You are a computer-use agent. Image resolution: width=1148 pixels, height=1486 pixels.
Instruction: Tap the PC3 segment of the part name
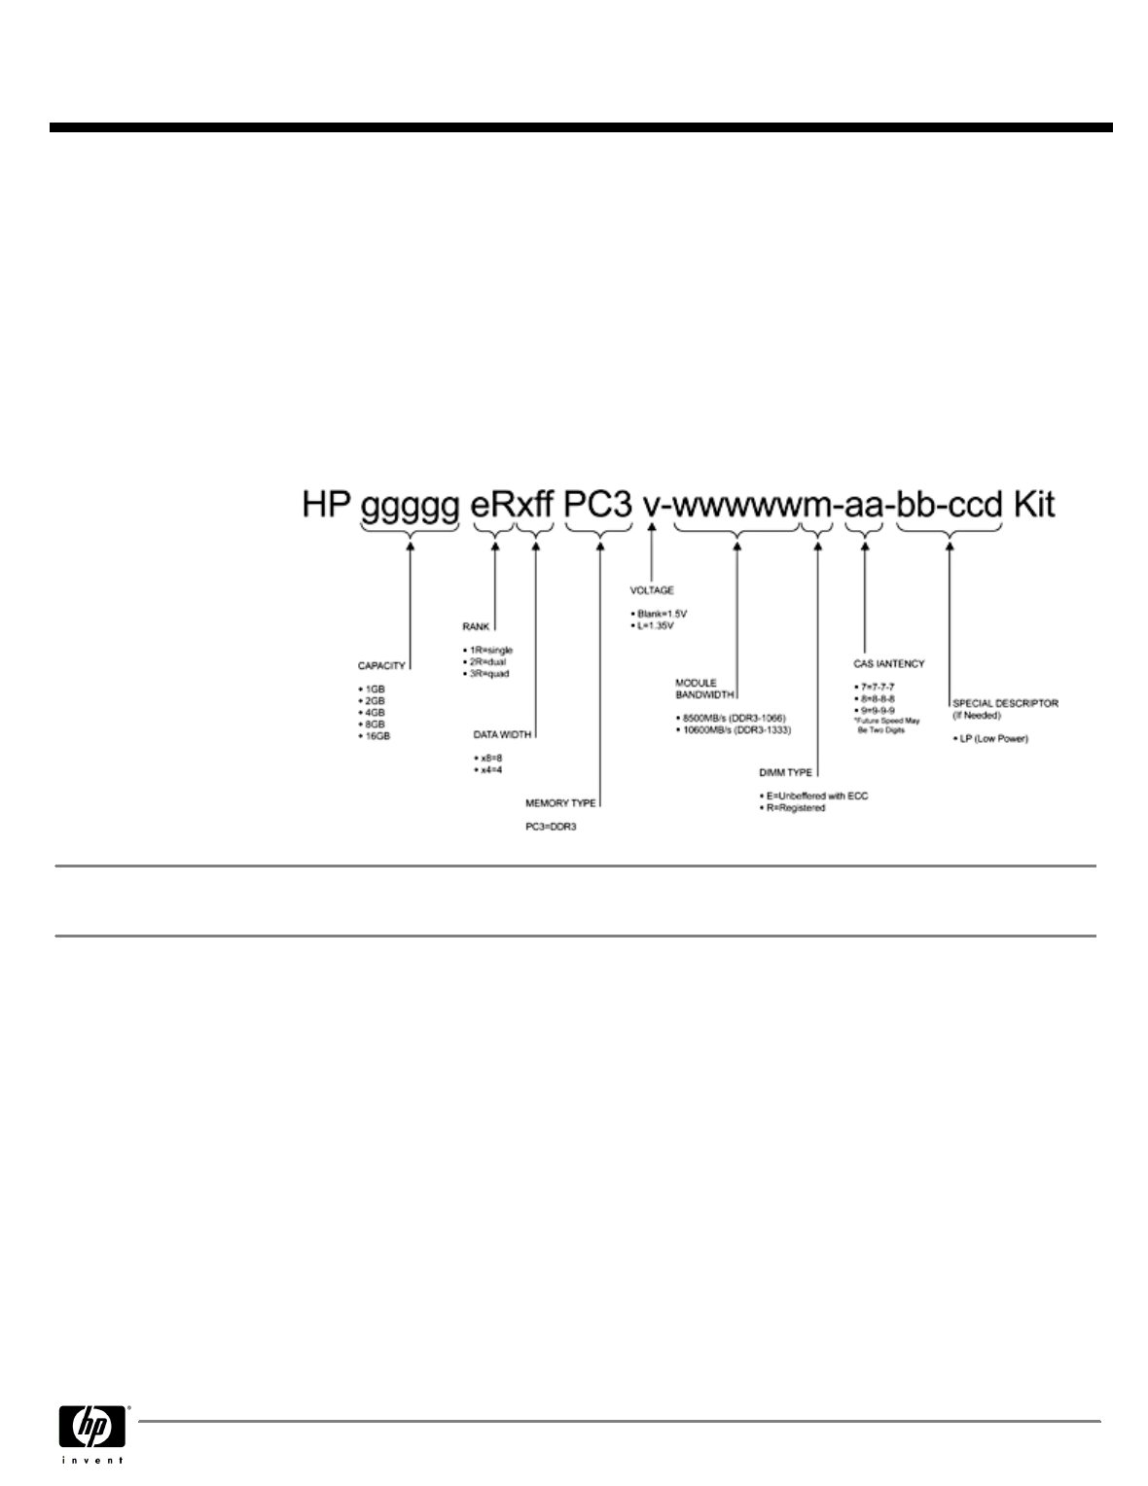[x=598, y=506]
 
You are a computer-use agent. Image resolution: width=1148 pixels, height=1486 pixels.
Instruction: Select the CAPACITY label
[x=381, y=666]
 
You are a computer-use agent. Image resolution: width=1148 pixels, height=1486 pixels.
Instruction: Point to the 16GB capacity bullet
[x=377, y=736]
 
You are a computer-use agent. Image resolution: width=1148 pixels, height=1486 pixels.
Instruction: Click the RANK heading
[x=476, y=627]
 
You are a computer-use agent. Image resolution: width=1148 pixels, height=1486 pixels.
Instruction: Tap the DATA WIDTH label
[x=502, y=734]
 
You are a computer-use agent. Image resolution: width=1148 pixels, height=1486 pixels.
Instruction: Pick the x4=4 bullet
[x=486, y=770]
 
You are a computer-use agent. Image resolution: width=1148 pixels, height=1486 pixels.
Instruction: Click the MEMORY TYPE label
[x=560, y=803]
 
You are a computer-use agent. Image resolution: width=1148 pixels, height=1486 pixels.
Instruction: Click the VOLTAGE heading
[x=651, y=590]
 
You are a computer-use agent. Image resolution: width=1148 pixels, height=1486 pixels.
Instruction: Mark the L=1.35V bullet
[x=655, y=625]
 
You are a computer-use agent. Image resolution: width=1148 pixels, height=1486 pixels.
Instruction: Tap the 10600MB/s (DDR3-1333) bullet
[x=735, y=729]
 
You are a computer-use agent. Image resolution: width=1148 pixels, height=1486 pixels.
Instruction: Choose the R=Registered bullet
[x=795, y=807]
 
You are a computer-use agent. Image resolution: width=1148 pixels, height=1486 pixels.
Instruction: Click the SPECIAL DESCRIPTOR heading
[x=1005, y=702]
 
